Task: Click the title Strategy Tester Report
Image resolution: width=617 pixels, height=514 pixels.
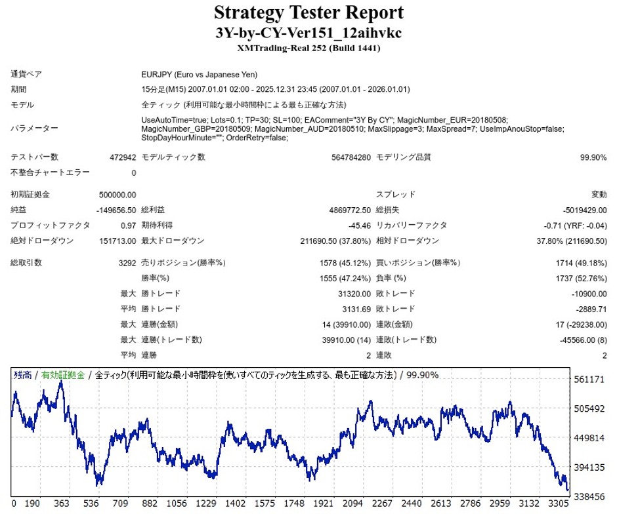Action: (308, 12)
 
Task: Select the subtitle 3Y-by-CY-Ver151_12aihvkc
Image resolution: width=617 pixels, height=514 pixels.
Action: (308, 33)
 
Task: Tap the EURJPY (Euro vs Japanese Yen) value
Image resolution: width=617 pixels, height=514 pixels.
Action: (200, 75)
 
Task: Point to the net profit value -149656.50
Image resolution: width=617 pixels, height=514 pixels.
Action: (116, 210)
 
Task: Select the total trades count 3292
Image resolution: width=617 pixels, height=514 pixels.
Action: (125, 263)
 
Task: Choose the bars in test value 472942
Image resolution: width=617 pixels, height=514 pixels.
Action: (123, 157)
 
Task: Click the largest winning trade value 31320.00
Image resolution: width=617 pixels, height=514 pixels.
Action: (345, 294)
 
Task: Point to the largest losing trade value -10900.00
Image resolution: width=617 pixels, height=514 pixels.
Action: (586, 294)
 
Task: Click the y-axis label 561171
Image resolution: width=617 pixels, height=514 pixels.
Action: (589, 380)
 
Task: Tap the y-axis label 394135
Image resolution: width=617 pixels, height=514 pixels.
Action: (589, 467)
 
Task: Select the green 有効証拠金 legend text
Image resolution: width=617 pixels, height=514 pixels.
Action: (63, 376)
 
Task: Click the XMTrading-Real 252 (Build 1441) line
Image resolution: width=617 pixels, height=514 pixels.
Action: (308, 48)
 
